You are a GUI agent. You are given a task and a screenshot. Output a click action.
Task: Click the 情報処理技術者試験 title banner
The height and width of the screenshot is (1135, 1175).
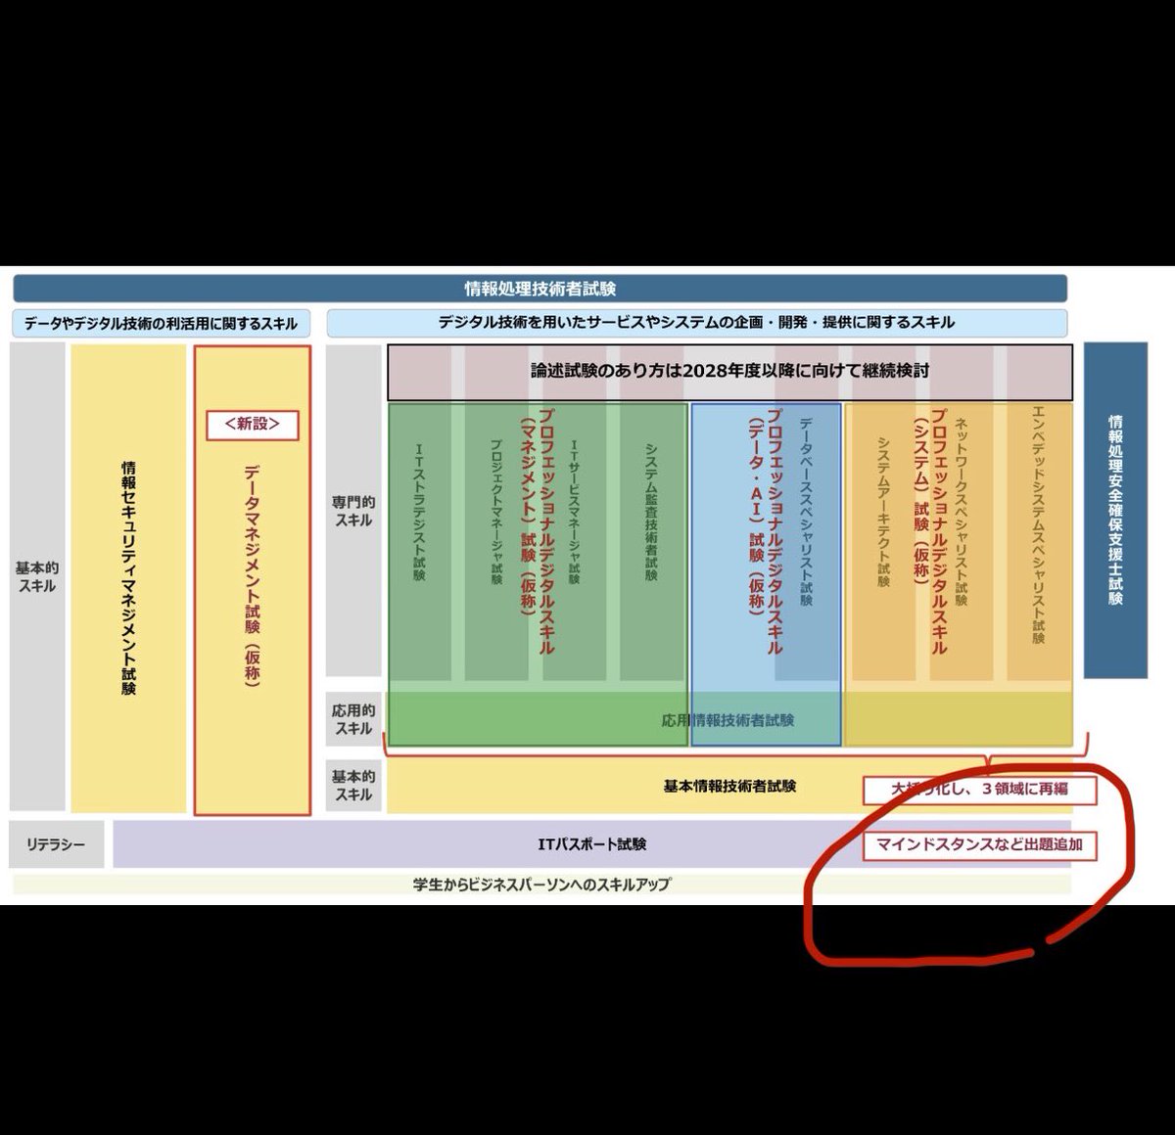540,289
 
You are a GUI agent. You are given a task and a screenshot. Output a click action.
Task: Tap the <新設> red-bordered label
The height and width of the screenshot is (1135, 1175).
252,425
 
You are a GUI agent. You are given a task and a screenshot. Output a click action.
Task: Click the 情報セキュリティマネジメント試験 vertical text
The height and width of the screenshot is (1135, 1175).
128,577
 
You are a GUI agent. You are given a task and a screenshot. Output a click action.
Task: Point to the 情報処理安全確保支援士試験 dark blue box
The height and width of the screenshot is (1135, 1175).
1115,510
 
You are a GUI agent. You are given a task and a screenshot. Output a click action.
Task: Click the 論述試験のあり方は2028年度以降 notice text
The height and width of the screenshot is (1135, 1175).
729,371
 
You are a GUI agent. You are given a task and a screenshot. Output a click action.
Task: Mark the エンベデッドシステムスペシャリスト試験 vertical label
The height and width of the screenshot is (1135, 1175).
1038,523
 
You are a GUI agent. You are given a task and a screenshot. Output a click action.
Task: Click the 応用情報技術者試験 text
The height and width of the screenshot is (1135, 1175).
728,720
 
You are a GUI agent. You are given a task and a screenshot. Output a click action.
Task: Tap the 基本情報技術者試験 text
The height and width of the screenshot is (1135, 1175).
729,786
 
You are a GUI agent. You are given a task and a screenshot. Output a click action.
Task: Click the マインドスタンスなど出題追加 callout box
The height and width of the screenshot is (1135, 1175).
979,844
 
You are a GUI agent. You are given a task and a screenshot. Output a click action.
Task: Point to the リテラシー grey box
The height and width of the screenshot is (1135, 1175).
56,844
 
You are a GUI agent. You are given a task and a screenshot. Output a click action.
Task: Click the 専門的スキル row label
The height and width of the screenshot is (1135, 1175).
353,511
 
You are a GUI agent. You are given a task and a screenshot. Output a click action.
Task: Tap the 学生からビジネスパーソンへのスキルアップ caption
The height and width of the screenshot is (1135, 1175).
541,885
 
